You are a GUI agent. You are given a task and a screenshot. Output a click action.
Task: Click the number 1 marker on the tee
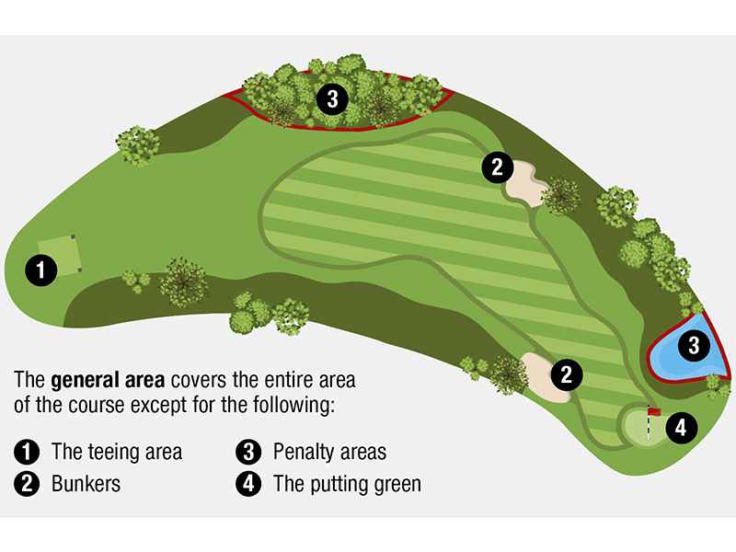(x=40, y=270)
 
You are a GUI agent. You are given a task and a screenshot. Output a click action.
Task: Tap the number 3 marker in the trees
(x=331, y=98)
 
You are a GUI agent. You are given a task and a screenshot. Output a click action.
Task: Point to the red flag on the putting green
(x=654, y=412)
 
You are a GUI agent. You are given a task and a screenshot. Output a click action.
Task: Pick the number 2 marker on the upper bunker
(x=497, y=167)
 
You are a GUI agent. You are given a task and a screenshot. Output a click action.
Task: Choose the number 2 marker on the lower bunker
(x=567, y=374)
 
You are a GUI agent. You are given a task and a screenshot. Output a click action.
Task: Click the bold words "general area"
(x=102, y=379)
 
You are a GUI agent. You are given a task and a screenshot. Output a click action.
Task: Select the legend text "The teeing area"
(x=117, y=452)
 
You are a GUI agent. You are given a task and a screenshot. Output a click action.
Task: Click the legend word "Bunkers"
(x=86, y=484)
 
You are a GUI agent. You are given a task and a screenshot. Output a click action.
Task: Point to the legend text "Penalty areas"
(x=329, y=452)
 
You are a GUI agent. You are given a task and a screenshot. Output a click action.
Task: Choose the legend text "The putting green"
(x=347, y=484)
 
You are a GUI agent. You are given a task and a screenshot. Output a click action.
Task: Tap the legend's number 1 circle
(x=27, y=452)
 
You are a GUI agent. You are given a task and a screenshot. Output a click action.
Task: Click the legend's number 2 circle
(x=27, y=484)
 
